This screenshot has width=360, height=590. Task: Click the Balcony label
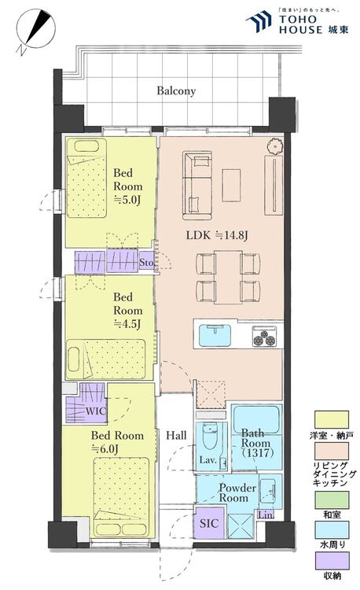(176, 91)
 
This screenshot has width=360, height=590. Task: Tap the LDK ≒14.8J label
(217, 235)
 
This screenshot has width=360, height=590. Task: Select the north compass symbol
(36, 30)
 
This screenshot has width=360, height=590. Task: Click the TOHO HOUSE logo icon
(259, 21)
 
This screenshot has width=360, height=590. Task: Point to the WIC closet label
(96, 411)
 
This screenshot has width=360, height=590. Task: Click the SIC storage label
(209, 523)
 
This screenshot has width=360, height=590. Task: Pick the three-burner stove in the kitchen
(265, 337)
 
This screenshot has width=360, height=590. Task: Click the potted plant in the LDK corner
(274, 146)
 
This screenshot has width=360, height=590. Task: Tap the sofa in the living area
(197, 186)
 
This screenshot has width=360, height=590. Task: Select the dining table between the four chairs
(228, 277)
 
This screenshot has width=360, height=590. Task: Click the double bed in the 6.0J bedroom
(121, 497)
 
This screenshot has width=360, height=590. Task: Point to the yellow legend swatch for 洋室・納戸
(332, 419)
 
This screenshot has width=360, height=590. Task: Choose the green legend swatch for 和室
(332, 500)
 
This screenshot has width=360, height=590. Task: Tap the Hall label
(176, 436)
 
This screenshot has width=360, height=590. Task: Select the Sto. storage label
(146, 262)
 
